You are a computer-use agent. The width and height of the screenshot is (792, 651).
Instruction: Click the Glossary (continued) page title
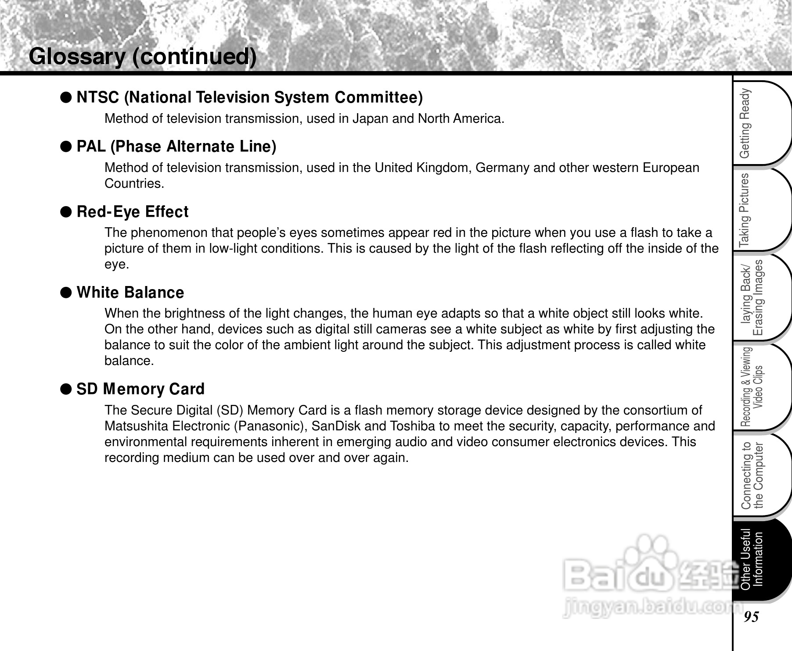[x=142, y=57]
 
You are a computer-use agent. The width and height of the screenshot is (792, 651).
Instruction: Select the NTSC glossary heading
[x=249, y=97]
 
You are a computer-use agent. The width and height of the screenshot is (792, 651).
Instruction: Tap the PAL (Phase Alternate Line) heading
[x=176, y=147]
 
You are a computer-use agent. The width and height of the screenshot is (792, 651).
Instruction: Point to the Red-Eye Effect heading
[x=132, y=212]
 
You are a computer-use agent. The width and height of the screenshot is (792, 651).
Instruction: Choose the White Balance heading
[x=130, y=293]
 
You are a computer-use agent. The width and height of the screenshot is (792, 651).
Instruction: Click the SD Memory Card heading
[x=140, y=389]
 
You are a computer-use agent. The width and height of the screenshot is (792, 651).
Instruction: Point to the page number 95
[x=751, y=617]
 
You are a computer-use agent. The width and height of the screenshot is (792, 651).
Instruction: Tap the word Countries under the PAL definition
[x=134, y=184]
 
